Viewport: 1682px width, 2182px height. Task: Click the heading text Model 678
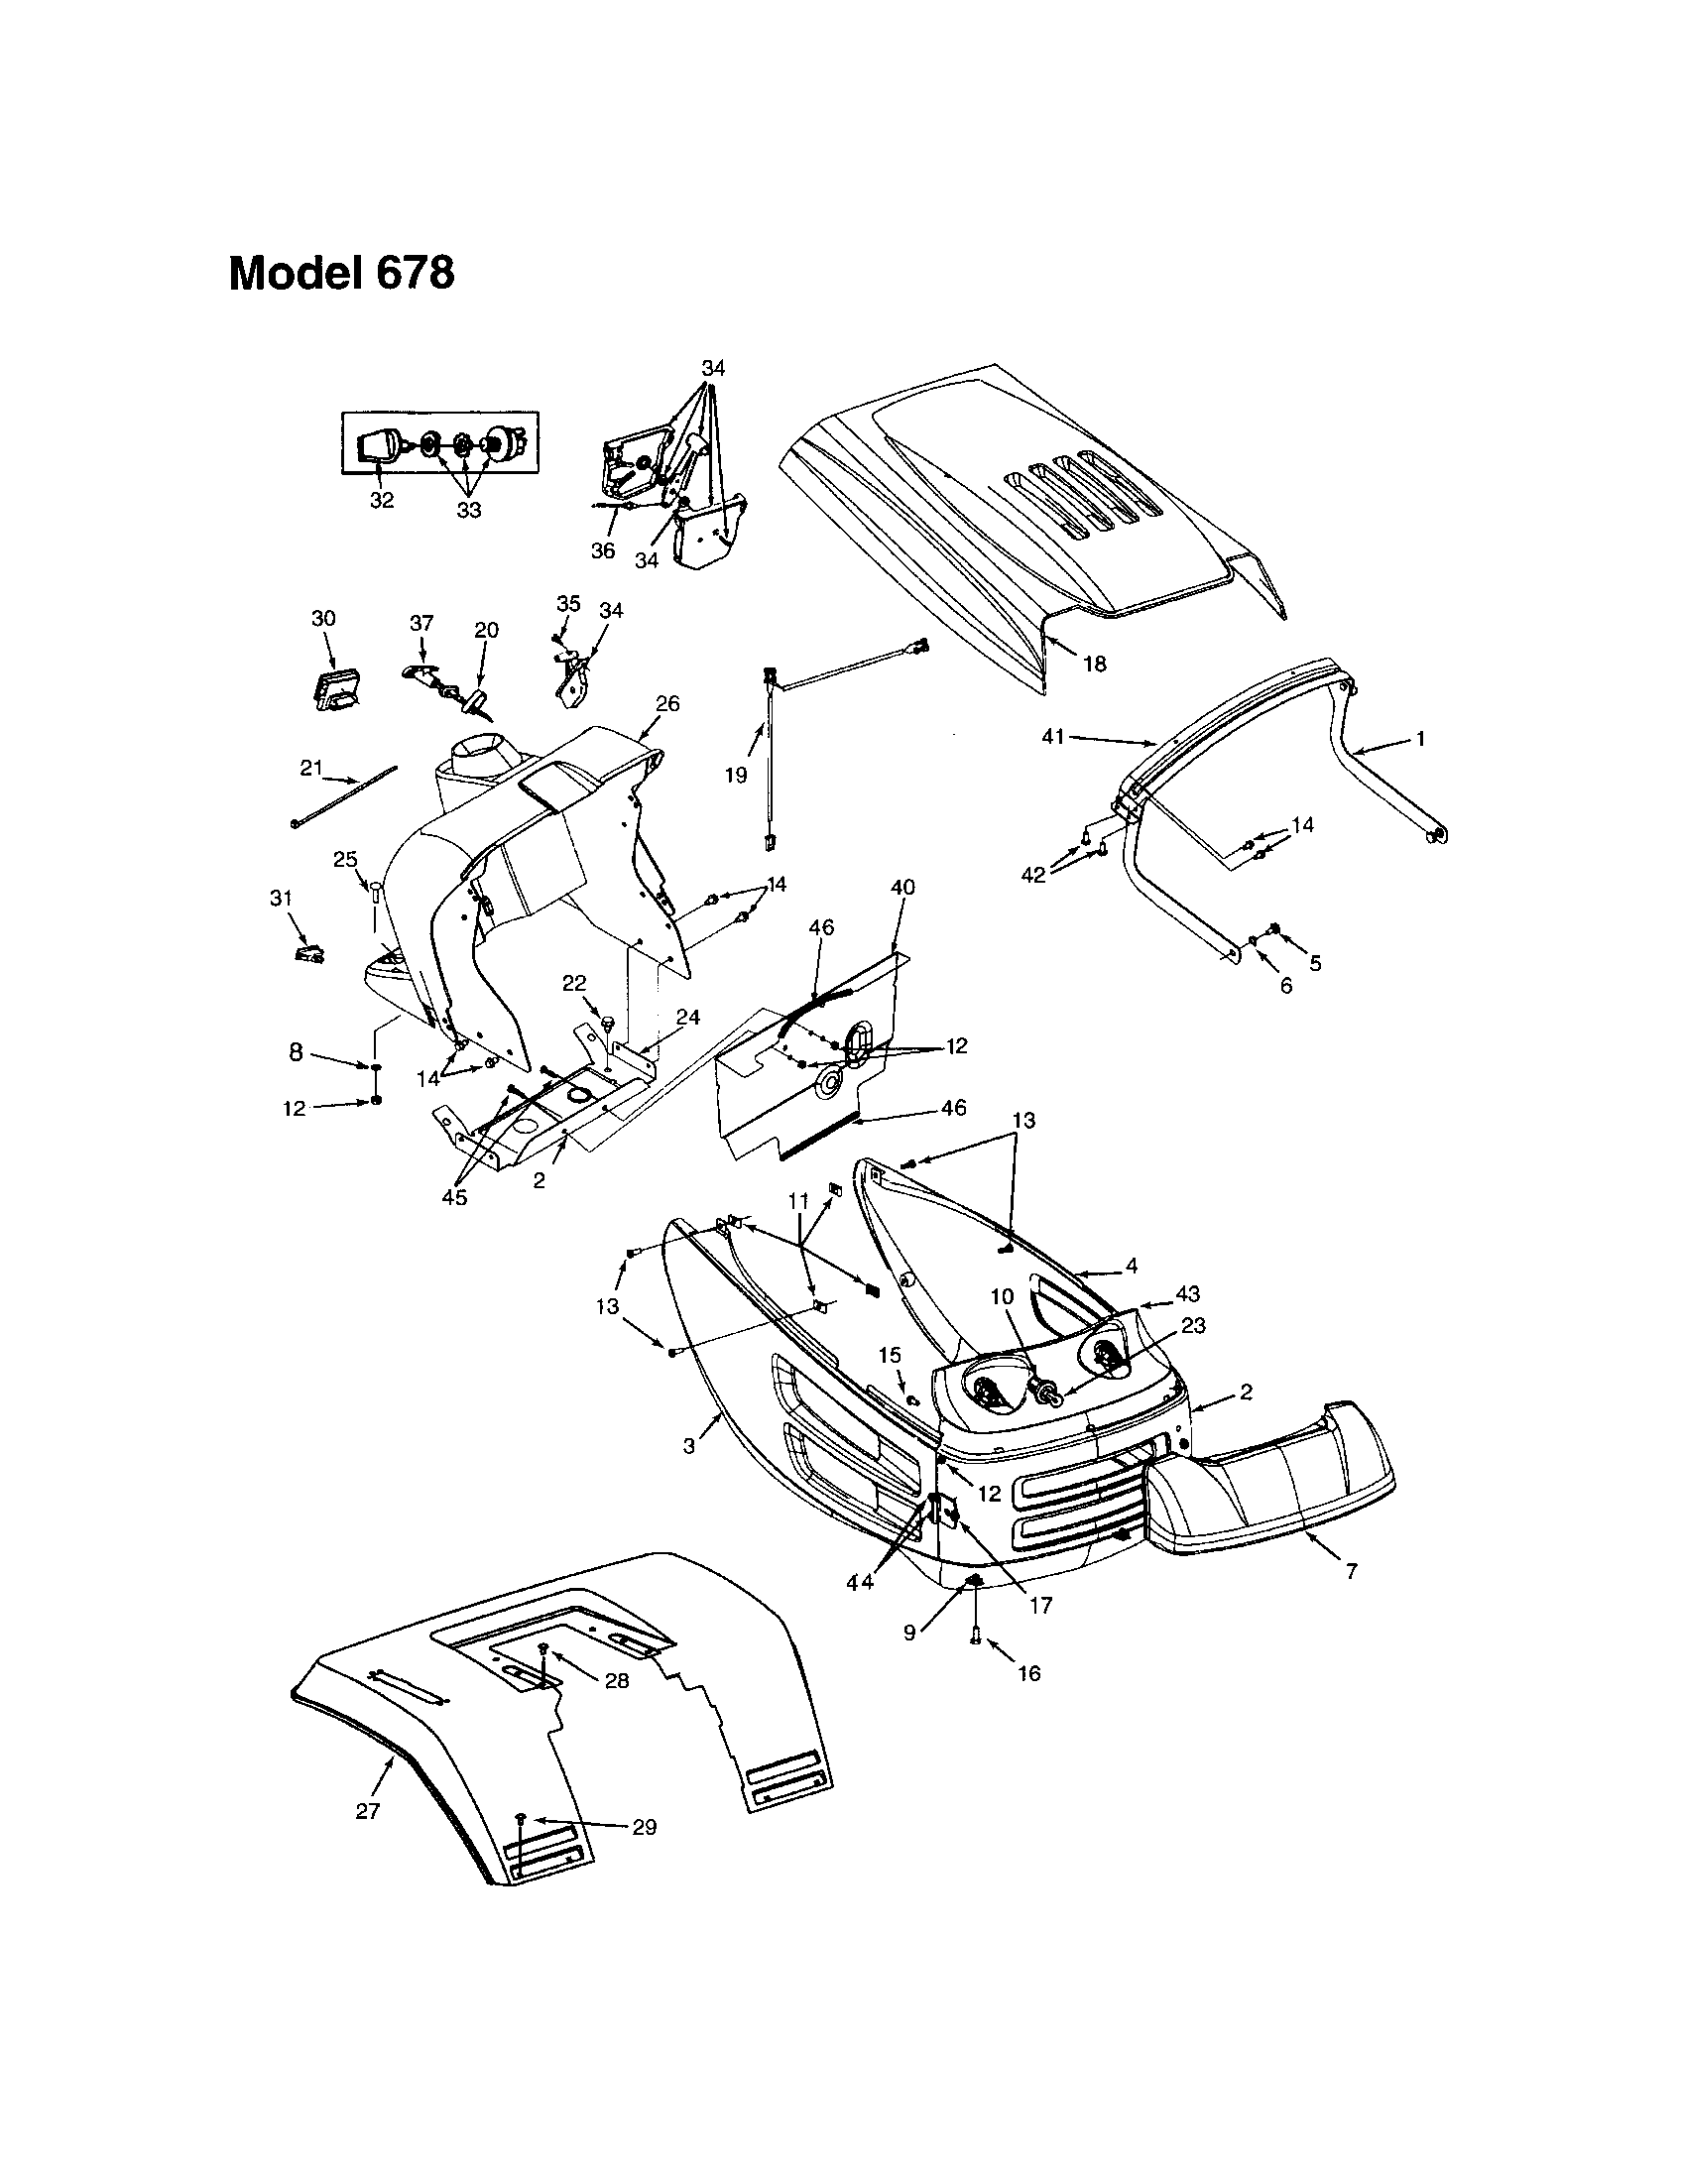point(340,274)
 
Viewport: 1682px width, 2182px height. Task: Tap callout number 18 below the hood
point(1095,664)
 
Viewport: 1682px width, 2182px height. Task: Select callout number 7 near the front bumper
point(1351,1572)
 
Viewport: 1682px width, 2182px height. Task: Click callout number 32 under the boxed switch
point(382,501)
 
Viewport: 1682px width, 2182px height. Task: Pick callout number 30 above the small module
point(322,619)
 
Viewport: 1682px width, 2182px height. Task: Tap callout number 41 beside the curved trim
point(1053,737)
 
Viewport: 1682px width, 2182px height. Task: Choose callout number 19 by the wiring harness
point(736,776)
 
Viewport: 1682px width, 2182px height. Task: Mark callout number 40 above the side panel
point(902,888)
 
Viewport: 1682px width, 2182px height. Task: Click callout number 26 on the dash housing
point(667,703)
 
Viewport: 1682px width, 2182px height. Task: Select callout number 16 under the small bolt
point(1028,1672)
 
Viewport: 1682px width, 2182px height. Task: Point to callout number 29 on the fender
point(645,1826)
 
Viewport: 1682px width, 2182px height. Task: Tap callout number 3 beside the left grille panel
point(688,1446)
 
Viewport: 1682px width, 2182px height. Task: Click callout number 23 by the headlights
point(1193,1326)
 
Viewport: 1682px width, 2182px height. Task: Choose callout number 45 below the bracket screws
point(454,1197)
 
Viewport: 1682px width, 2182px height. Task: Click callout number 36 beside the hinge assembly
point(602,550)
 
